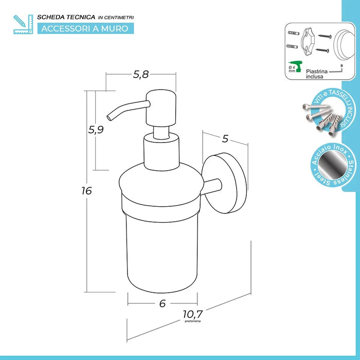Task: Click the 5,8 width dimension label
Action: (140, 75)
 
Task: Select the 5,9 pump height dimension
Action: (96, 130)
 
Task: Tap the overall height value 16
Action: (86, 191)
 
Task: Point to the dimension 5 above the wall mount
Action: (225, 138)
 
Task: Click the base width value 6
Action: (163, 303)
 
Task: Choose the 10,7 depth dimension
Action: (193, 313)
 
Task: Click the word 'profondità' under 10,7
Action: (193, 321)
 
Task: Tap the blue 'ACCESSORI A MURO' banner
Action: (86, 28)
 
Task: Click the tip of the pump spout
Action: (108, 115)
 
